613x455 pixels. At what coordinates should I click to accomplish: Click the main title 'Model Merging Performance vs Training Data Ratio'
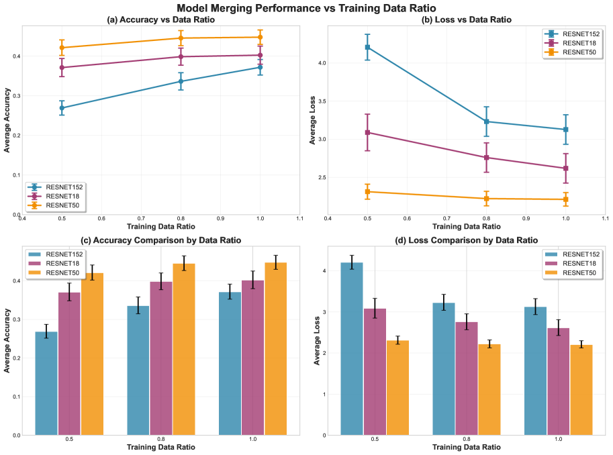point(306,8)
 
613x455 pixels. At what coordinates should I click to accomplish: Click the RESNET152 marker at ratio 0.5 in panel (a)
point(62,107)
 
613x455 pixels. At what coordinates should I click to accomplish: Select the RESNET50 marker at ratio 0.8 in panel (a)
point(181,38)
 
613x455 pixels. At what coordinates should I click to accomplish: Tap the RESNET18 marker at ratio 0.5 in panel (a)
point(62,67)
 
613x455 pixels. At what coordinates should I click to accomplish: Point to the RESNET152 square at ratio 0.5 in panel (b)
point(367,47)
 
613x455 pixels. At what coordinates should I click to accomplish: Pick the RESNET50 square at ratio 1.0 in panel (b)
point(565,199)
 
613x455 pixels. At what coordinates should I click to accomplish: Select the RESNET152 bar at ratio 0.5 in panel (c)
point(46,383)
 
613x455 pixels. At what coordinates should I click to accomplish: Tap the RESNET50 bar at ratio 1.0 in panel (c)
point(276,348)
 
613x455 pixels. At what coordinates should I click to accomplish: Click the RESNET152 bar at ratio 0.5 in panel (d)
point(352,348)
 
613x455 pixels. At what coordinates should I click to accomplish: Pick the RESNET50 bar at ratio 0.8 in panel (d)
point(489,389)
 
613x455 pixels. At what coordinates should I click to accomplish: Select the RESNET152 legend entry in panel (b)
point(575,34)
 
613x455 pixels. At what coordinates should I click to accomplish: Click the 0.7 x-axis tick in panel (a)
point(141,219)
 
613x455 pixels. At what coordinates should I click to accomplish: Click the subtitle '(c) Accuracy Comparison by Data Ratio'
point(161,240)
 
